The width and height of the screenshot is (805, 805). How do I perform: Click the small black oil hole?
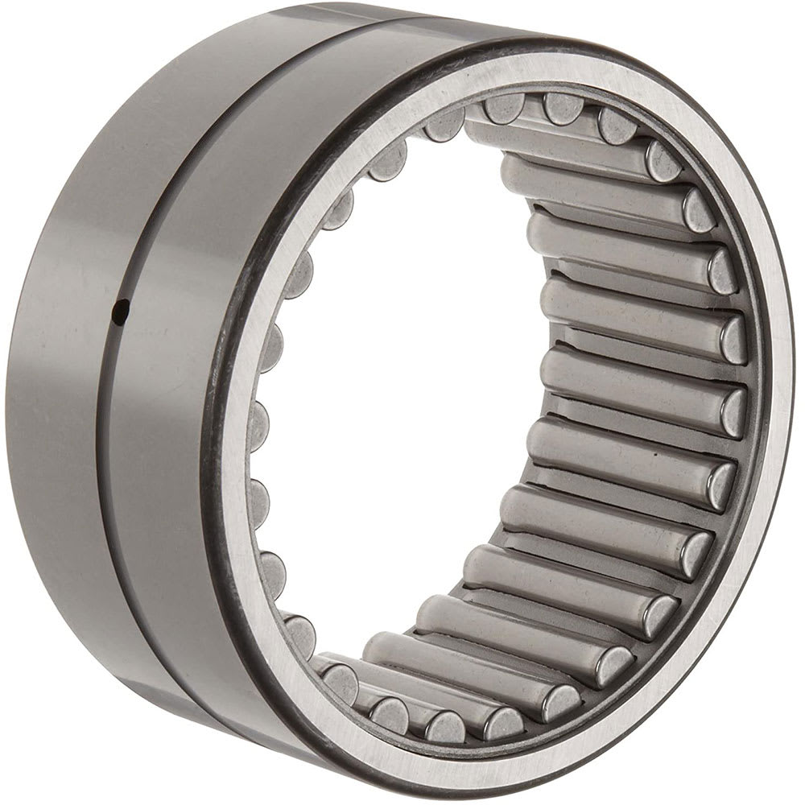tap(120, 310)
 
